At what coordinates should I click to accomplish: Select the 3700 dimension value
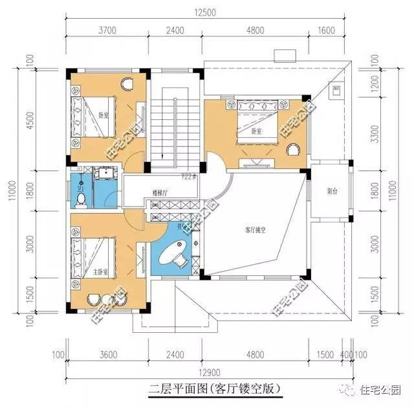tap(107, 30)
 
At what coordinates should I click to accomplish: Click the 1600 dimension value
tap(327, 30)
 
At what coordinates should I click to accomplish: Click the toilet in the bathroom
tap(81, 198)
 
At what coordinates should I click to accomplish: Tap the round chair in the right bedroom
tap(292, 151)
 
